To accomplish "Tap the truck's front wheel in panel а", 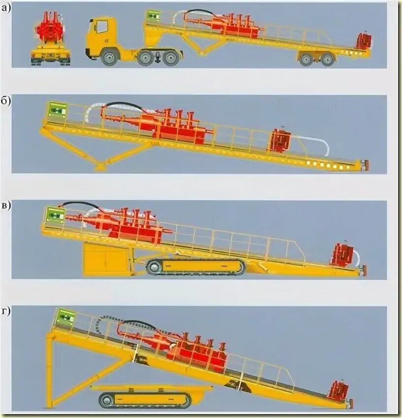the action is [x=109, y=57].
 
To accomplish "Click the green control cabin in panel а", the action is [x=153, y=16].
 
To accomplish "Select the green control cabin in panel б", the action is [x=57, y=109].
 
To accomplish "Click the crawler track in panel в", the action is [x=196, y=267].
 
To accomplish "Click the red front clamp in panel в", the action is [x=342, y=255].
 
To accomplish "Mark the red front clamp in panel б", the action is [x=280, y=141].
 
